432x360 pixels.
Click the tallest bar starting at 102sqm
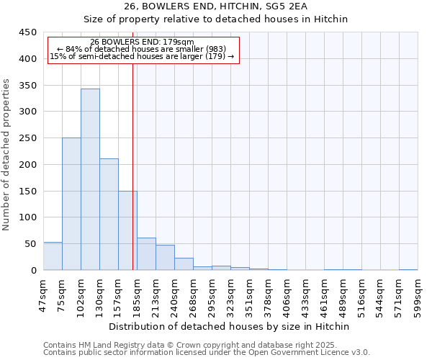pos(90,179)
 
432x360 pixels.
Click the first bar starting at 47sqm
pos(53,256)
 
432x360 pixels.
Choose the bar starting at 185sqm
pos(146,254)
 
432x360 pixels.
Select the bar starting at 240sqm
pos(184,264)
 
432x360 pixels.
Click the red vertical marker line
pos(133,166)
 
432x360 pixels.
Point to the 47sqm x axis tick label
pos(43,296)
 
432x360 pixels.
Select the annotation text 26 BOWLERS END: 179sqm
pos(142,42)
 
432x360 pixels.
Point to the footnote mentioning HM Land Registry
pos(206,345)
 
